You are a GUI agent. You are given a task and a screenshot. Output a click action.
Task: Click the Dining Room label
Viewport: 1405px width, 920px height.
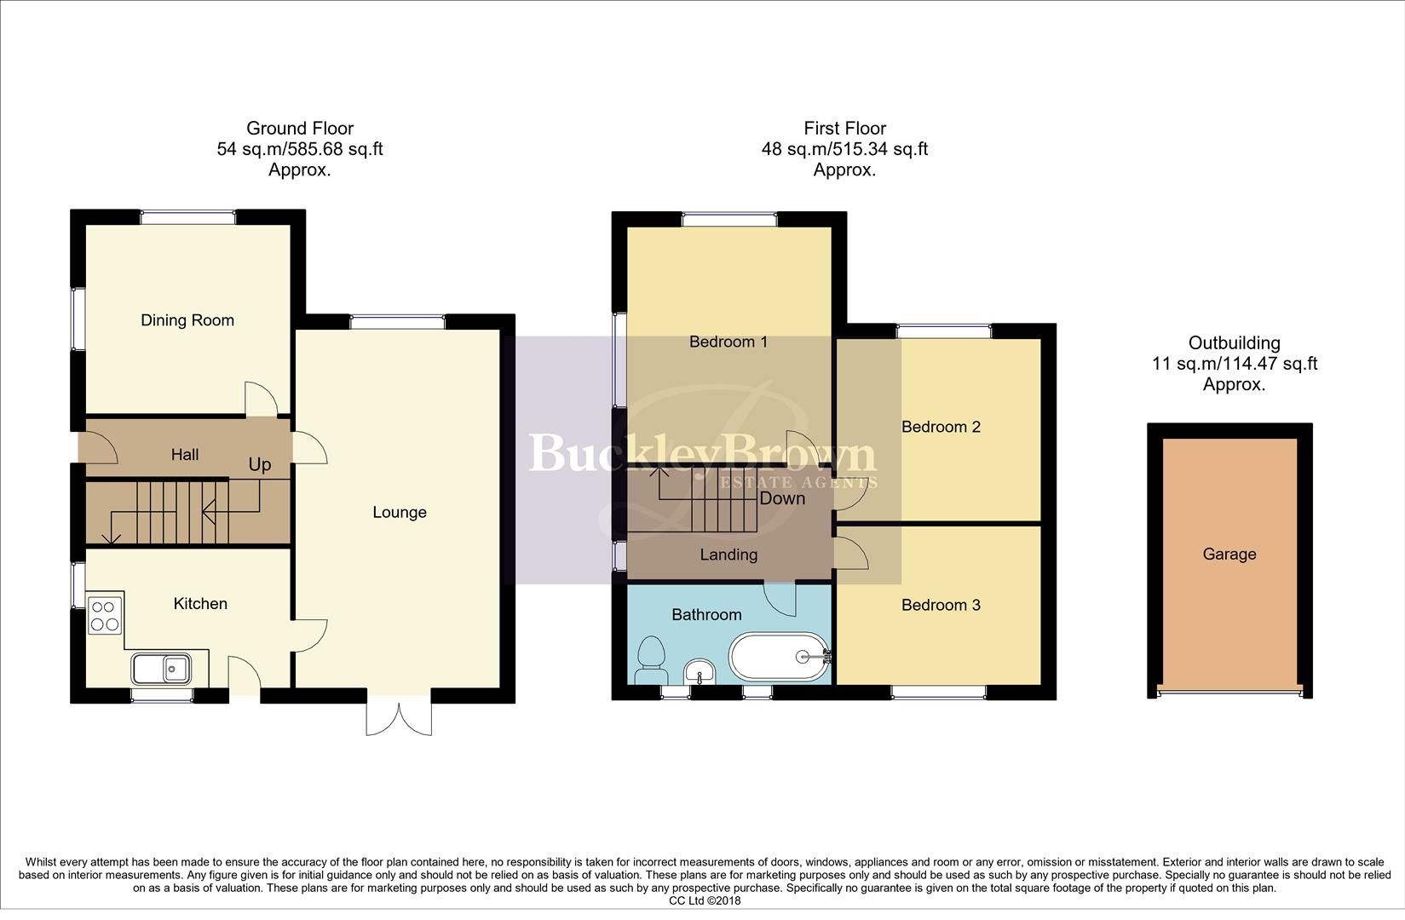[187, 320]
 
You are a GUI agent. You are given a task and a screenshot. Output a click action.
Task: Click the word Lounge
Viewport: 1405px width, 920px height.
[400, 513]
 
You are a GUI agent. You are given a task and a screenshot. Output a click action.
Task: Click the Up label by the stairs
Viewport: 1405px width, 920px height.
[260, 464]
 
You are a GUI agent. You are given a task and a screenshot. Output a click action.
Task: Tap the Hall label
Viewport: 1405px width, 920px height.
[185, 455]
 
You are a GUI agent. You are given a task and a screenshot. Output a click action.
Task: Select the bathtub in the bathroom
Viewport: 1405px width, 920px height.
[778, 657]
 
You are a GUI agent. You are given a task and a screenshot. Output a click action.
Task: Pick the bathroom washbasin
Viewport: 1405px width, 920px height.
[701, 671]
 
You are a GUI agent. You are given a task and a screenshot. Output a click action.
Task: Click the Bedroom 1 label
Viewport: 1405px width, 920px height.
[728, 342]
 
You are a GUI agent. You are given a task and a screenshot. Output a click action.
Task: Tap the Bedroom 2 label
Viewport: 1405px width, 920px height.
[941, 427]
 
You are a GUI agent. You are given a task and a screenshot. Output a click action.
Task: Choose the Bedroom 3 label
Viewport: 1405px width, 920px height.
[941, 606]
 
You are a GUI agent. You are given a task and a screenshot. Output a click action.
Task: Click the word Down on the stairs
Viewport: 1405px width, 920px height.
[782, 498]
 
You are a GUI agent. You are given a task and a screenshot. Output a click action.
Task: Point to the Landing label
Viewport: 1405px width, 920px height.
[728, 555]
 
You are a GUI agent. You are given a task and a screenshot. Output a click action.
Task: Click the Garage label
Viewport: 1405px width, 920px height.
[1229, 555]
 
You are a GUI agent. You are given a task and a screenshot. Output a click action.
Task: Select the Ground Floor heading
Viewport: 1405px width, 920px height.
[300, 129]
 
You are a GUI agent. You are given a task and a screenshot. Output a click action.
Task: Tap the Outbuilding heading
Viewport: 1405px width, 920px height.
[1235, 343]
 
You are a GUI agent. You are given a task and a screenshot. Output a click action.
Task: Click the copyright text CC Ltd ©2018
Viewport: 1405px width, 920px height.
[705, 900]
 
